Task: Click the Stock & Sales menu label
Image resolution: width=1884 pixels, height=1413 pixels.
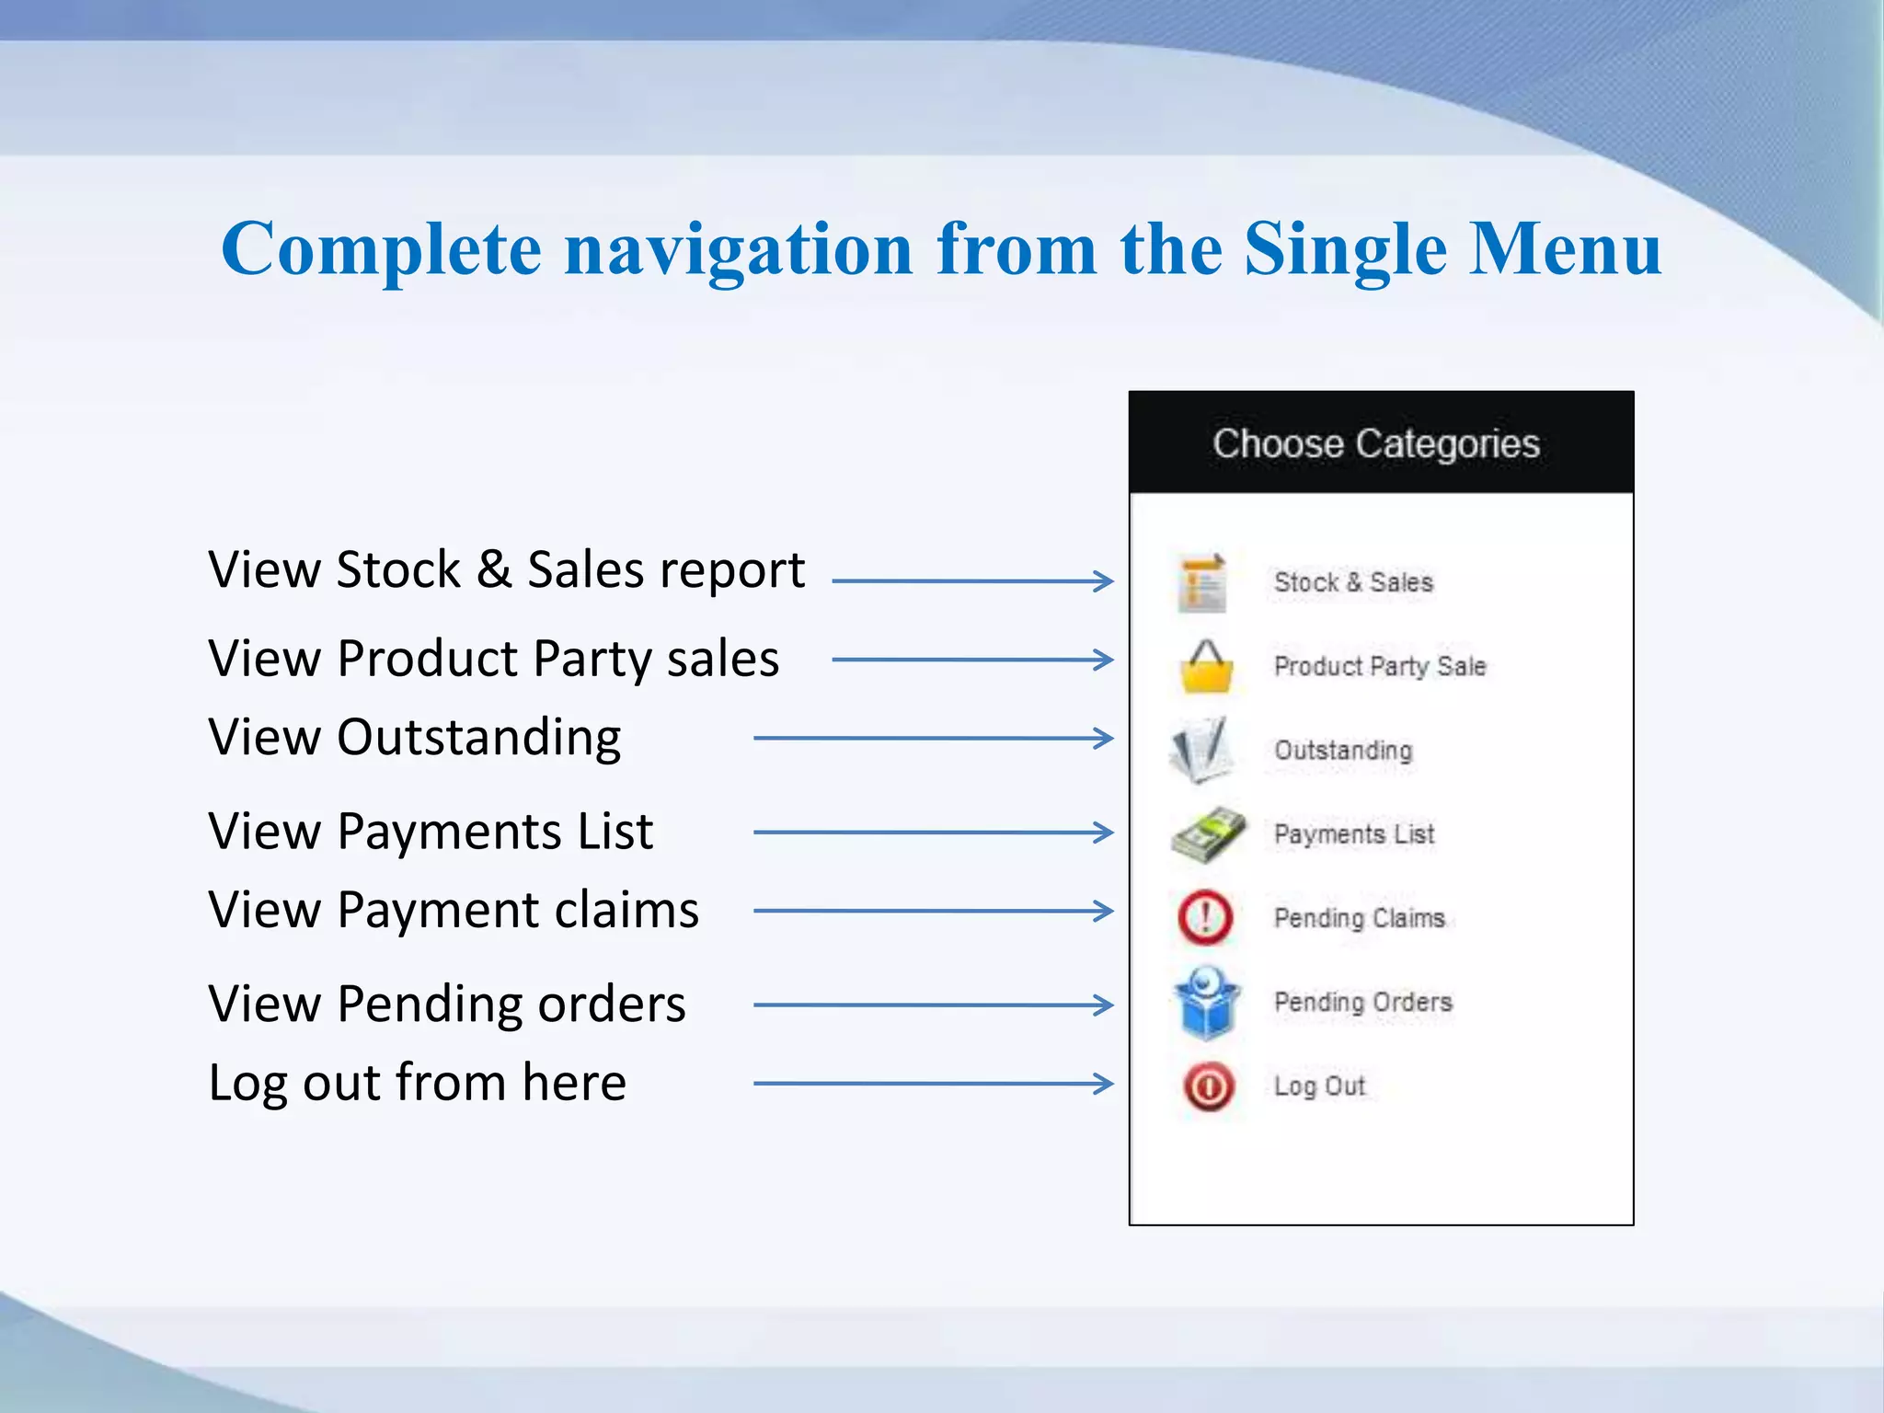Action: click(x=1353, y=582)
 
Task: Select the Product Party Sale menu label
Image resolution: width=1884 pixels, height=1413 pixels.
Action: click(x=1379, y=666)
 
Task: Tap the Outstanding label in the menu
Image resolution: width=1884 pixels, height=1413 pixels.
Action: click(x=1342, y=751)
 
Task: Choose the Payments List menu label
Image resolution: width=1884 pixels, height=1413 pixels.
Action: click(x=1353, y=834)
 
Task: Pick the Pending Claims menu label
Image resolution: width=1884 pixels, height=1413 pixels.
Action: click(x=1359, y=918)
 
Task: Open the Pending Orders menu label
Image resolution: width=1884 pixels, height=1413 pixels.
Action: click(x=1362, y=1002)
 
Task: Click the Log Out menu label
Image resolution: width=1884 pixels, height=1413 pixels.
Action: click(x=1319, y=1086)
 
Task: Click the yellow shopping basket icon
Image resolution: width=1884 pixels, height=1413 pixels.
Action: click(x=1206, y=667)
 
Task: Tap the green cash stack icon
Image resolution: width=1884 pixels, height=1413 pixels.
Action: click(x=1208, y=834)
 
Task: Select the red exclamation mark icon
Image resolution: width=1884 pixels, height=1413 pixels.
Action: click(x=1205, y=917)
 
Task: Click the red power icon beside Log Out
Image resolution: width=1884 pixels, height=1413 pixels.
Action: click(x=1208, y=1087)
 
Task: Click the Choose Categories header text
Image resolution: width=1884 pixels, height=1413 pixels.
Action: click(x=1375, y=443)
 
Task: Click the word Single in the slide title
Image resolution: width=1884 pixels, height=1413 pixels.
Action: click(x=1345, y=250)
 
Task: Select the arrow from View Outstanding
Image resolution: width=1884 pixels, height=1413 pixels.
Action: click(x=933, y=738)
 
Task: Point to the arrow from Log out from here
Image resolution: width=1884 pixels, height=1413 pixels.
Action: click(x=933, y=1084)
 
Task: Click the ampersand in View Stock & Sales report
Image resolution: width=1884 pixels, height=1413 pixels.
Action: click(x=494, y=569)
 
